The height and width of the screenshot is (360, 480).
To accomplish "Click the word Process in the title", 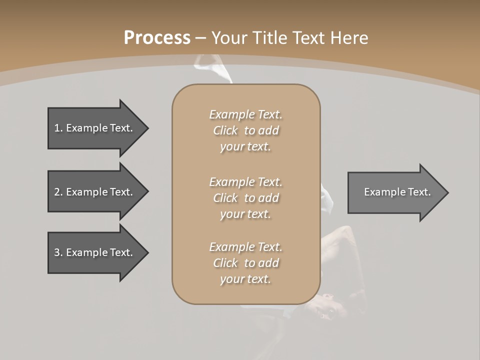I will [x=157, y=38].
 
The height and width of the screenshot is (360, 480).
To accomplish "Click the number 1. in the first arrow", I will [x=58, y=128].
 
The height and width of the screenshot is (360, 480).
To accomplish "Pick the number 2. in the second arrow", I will [x=58, y=192].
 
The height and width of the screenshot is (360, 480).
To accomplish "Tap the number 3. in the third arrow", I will [x=58, y=252].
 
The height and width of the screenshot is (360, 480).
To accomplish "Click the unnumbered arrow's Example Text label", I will [x=397, y=192].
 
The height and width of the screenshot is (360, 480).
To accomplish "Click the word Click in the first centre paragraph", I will [x=225, y=130].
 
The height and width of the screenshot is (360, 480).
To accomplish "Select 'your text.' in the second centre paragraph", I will [x=245, y=214].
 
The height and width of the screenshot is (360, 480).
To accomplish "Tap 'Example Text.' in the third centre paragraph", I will [x=245, y=247].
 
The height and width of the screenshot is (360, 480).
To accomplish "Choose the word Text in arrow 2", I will [x=120, y=192].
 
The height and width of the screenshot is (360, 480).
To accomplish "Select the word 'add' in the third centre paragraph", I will [x=268, y=263].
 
